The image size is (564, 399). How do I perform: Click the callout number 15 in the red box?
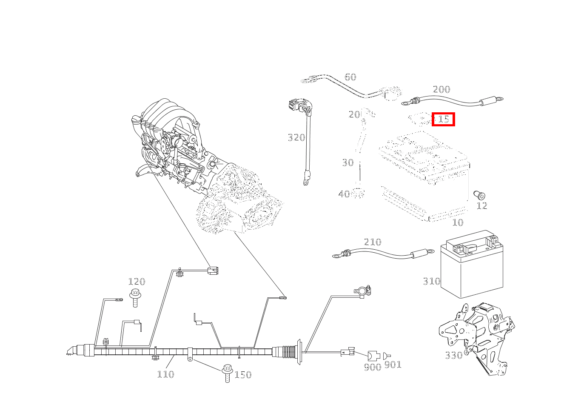tap(443, 120)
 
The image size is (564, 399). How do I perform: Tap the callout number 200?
tap(441, 89)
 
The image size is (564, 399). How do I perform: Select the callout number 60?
tap(350, 77)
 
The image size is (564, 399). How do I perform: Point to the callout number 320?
tap(296, 137)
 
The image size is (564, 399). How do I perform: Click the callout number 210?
tap(373, 242)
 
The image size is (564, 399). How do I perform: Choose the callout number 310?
tap(431, 281)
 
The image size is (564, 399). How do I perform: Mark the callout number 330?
tap(453, 355)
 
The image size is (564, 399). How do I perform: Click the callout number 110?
tap(165, 374)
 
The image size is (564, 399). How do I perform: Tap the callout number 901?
tap(393, 365)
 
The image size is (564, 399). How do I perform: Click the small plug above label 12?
tap(480, 195)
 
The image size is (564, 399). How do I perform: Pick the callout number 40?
tap(344, 194)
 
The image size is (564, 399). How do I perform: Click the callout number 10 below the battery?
tap(457, 222)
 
